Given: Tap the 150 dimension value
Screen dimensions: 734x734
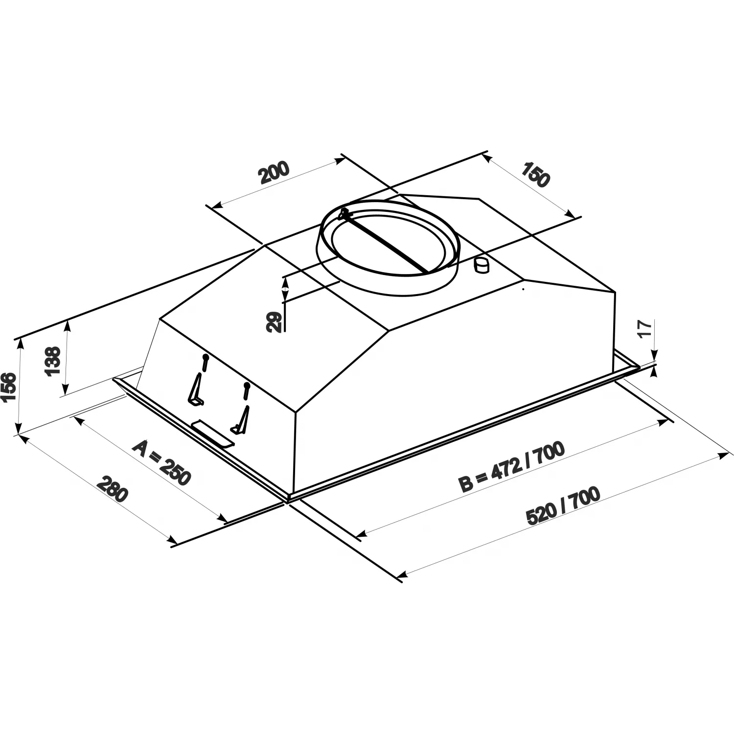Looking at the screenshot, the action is (x=535, y=173).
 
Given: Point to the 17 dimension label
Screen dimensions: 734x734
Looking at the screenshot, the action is (x=645, y=328).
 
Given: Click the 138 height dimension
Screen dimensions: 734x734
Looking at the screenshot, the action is (x=52, y=360).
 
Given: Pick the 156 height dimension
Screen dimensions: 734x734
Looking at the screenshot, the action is (x=9, y=386).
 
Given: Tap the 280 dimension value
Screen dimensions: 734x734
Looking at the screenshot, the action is (x=113, y=488).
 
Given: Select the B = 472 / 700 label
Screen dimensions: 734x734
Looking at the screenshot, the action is (x=511, y=466).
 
